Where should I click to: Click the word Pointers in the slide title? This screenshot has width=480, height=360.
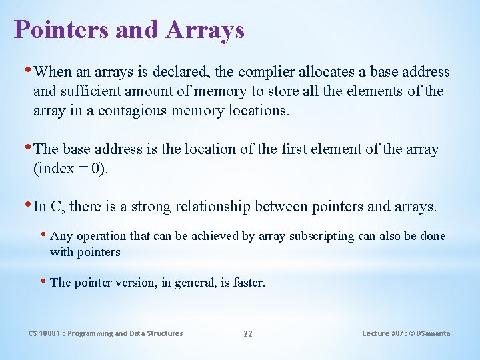(x=55, y=30)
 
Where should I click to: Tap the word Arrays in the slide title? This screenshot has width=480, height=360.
(x=206, y=30)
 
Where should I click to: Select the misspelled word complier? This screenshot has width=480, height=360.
(x=263, y=72)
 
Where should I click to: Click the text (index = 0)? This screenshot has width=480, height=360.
(x=70, y=169)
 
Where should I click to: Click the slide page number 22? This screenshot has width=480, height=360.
(x=247, y=334)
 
